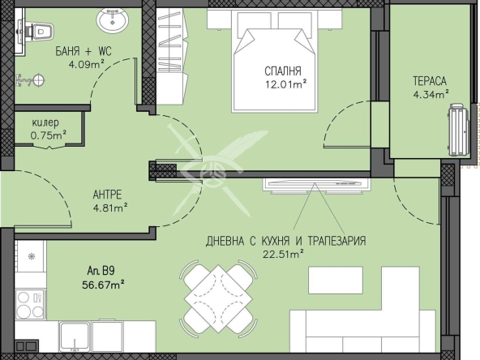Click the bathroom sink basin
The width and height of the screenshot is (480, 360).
tap(112, 19)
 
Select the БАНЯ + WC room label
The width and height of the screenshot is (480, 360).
tap(84, 51)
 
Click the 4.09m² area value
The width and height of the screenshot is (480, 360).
tap(87, 64)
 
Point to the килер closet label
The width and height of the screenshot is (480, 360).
tap(45, 123)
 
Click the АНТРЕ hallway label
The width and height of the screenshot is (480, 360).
tap(107, 195)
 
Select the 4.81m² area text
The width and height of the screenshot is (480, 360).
tap(110, 208)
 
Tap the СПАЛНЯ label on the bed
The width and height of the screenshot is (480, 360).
tap(283, 71)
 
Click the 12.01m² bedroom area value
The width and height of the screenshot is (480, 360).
tap(286, 84)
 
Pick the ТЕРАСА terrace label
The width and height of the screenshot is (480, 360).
tap(430, 81)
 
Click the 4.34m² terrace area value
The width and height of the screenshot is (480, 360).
tap(431, 94)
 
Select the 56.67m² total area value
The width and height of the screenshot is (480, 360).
tap(103, 285)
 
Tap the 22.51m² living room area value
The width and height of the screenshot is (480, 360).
tap(283, 254)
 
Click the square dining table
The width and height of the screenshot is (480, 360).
tap(218, 298)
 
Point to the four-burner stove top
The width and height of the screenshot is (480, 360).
tap(30, 305)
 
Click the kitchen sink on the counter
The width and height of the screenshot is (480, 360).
tap(75, 336)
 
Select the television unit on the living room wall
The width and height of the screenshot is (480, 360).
tap(316, 185)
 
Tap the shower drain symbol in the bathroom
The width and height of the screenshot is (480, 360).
tap(39, 80)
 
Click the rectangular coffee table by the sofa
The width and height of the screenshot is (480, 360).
tap(336, 280)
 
